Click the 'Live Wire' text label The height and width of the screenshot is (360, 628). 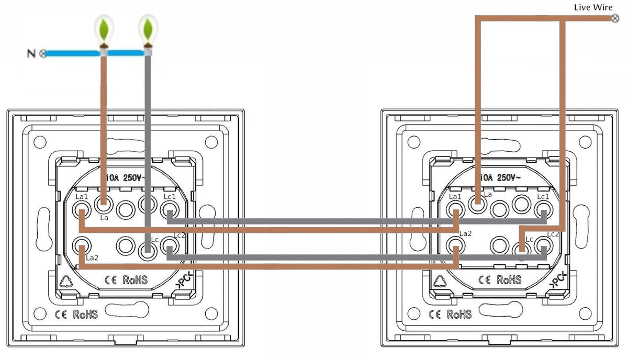coord(593,7)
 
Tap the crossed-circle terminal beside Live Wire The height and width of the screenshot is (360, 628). coord(615,19)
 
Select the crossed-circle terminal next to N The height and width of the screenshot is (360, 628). coord(42,53)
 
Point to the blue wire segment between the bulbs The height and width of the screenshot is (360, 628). coord(126,53)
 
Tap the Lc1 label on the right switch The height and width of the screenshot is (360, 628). coord(543,197)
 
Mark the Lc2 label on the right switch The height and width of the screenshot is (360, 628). coord(554,234)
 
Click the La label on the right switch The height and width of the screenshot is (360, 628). coord(488,194)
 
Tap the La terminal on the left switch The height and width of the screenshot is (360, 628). coord(104,203)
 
